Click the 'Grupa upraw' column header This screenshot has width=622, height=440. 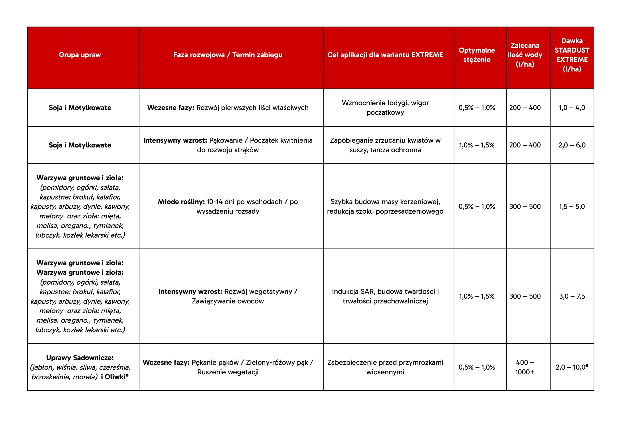coord(80,55)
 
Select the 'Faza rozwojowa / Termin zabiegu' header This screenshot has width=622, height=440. coord(228,55)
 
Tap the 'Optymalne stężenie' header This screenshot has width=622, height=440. coord(476,55)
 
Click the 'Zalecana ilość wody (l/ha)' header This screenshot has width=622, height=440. coord(525,55)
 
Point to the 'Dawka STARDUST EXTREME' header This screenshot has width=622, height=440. coord(572,55)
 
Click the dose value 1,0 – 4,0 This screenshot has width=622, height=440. coord(572,108)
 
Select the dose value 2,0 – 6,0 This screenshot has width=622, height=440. coord(572,145)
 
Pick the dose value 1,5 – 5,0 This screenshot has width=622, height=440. coord(572,206)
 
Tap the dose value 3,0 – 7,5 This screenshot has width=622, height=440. coord(572,296)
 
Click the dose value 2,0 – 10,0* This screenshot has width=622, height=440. coord(572,367)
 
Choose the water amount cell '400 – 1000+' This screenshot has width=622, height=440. coord(525,367)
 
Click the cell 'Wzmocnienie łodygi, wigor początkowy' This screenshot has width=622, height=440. coord(385,108)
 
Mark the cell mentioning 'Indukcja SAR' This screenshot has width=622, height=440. coord(385,296)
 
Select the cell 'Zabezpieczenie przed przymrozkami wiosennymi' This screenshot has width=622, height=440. coord(385,367)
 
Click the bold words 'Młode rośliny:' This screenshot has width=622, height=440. coord(181,202)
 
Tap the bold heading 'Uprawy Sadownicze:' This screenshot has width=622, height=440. coord(80,358)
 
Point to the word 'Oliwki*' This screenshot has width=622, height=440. coord(117,376)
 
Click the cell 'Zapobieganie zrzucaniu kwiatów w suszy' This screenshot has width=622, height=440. coord(385,145)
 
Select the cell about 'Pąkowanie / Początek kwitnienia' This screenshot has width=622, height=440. coord(228,145)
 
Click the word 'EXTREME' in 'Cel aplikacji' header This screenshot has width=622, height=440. coord(427,55)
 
